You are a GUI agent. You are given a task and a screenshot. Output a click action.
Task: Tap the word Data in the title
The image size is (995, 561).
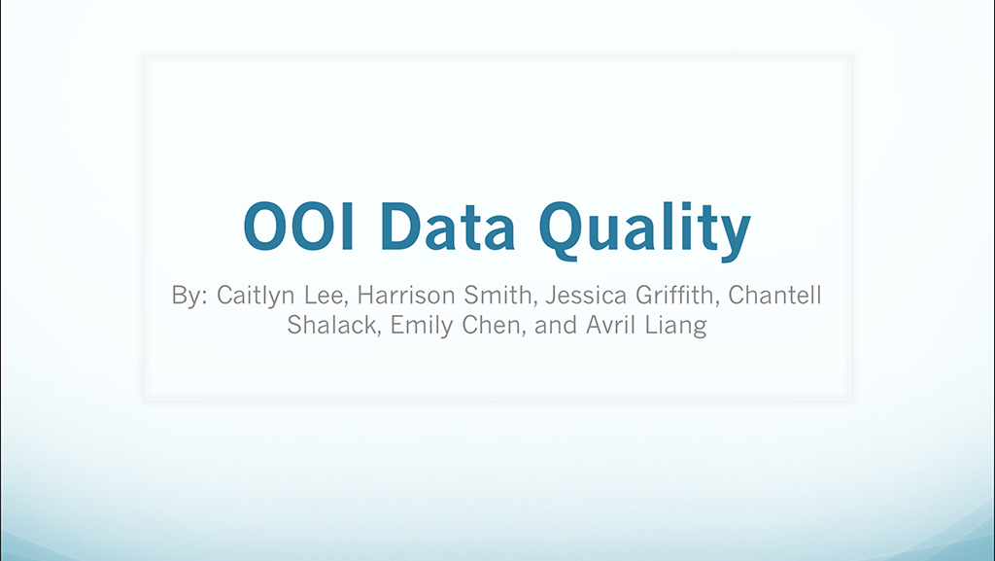447,227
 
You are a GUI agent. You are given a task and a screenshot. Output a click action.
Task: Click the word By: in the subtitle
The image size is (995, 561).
189,296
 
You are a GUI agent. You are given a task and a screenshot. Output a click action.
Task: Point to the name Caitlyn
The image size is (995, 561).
256,296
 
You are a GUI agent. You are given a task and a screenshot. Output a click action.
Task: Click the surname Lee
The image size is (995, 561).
326,297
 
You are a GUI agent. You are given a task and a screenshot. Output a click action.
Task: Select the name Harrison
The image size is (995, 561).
406,296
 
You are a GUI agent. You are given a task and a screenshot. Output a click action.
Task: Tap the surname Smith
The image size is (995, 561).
499,296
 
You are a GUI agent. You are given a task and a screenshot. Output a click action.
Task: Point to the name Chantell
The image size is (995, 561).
774,295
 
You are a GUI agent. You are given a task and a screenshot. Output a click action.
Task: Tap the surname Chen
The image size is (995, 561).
493,326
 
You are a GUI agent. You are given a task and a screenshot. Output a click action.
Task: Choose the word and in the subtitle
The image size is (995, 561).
555,325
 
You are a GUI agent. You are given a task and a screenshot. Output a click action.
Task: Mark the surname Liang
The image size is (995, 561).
676,326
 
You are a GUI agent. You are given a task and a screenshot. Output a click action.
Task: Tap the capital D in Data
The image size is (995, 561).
400,227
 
